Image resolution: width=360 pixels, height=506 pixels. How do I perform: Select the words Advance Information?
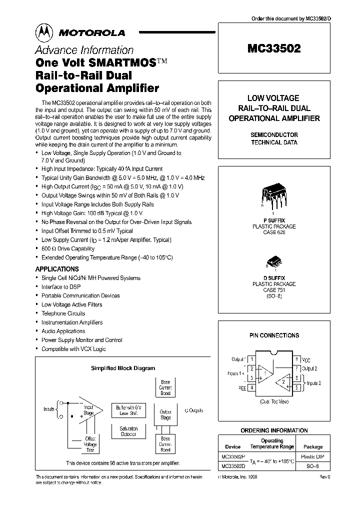coord(83,50)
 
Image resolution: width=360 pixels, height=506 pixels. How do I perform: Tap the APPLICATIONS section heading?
coord(57,269)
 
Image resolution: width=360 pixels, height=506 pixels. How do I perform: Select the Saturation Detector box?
coord(128,431)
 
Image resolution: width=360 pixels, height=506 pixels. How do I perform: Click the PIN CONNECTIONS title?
coord(273,335)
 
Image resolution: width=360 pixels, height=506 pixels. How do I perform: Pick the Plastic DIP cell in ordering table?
coord(313,457)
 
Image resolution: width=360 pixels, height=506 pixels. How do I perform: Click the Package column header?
coord(313,446)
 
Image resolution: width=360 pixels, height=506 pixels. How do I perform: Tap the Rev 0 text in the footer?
coord(324,477)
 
